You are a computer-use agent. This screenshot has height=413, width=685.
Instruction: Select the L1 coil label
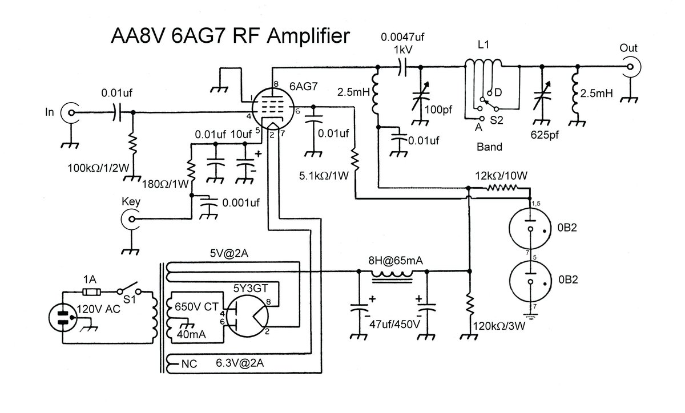pyautogui.click(x=483, y=46)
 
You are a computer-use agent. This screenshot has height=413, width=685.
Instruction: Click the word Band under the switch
pyautogui.click(x=489, y=147)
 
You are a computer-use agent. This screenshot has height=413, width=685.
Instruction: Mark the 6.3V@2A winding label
pyautogui.click(x=236, y=362)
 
